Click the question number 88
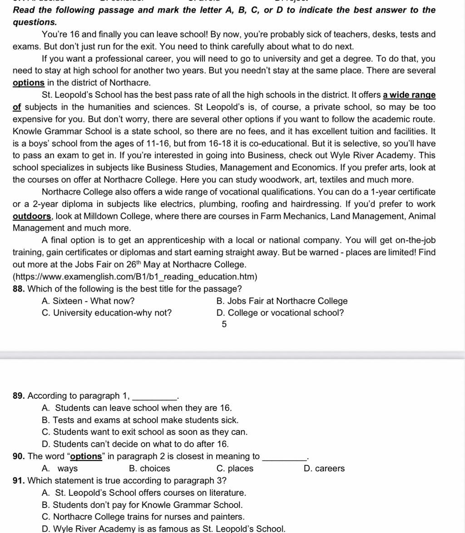19,289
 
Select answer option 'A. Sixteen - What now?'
88,301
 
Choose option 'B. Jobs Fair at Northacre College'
282,301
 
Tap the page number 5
224,324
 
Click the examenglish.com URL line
135,277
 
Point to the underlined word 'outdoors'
32,216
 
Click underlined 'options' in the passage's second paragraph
28,83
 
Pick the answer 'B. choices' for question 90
149,469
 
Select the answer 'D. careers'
324,469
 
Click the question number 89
19,396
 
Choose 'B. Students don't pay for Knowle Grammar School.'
142,505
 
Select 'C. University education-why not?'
107,313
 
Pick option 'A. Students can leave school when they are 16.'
137,408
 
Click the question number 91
19,480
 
